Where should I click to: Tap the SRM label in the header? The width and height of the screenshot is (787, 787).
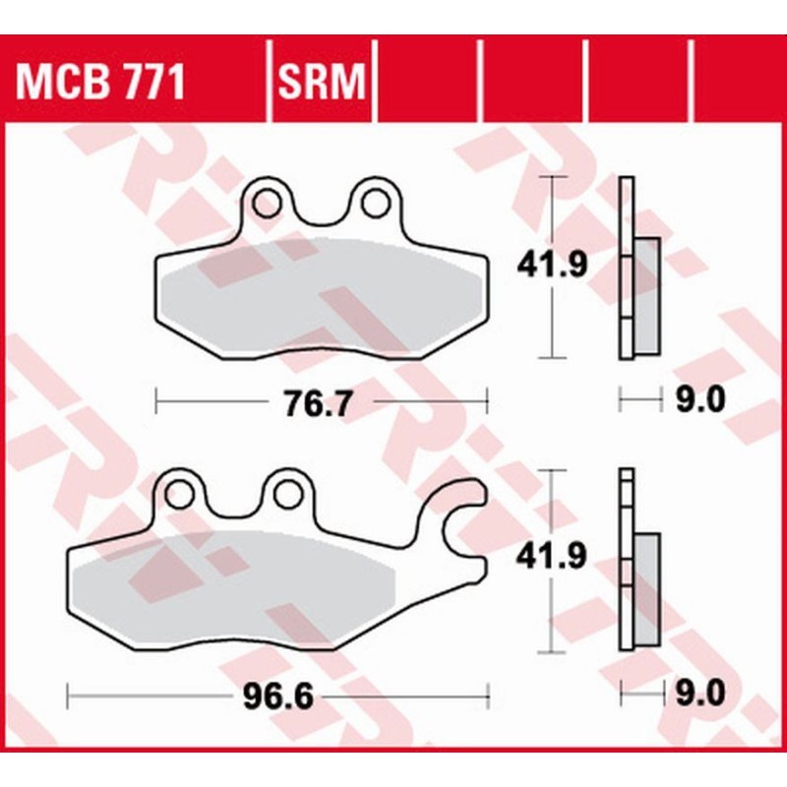(x=322, y=83)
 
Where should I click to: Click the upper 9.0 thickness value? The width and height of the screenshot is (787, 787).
(x=700, y=399)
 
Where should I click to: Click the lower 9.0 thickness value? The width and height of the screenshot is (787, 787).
(x=700, y=694)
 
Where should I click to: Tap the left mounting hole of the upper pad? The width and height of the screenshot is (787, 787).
(x=267, y=203)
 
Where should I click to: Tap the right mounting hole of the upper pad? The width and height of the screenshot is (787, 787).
(x=373, y=203)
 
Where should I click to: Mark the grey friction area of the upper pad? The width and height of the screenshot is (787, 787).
(x=315, y=295)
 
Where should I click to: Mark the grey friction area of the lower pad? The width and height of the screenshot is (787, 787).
(x=236, y=590)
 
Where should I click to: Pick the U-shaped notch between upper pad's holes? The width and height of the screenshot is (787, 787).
(x=320, y=212)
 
